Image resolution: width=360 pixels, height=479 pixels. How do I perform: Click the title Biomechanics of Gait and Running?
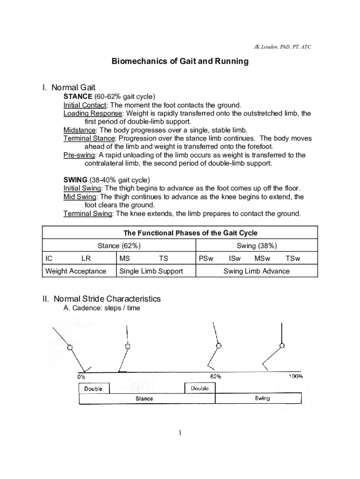pyautogui.click(x=180, y=62)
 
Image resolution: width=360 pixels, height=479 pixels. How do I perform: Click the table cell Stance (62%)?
pyautogui.click(x=119, y=246)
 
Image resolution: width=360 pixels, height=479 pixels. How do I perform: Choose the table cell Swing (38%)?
pyautogui.click(x=257, y=246)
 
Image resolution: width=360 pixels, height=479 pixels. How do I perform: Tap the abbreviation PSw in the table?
pyautogui.click(x=206, y=258)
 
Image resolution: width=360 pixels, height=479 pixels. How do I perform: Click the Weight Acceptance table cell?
pyautogui.click(x=76, y=271)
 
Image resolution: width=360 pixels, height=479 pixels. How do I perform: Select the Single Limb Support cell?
pyautogui.click(x=151, y=271)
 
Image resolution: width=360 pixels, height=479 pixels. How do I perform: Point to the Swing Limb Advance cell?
pyautogui.click(x=256, y=271)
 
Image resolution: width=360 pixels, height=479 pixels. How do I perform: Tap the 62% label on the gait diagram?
pyautogui.click(x=216, y=376)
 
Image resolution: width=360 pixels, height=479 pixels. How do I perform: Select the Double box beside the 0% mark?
pyautogui.click(x=94, y=389)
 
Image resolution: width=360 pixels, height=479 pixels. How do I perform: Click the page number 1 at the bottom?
pyautogui.click(x=180, y=433)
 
